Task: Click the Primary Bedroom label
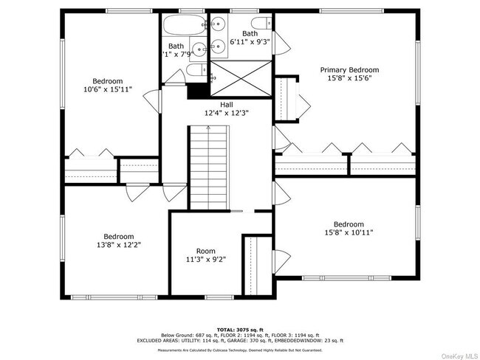point(349,69)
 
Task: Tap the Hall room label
point(216,105)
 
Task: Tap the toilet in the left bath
point(193,70)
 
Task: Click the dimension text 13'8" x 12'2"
point(118,244)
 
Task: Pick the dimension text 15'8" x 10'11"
point(349,232)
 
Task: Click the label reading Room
point(206,251)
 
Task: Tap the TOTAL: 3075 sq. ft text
point(240,329)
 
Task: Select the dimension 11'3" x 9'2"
point(206,260)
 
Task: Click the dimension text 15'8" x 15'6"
point(349,78)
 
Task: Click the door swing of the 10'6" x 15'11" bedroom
point(152,100)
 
